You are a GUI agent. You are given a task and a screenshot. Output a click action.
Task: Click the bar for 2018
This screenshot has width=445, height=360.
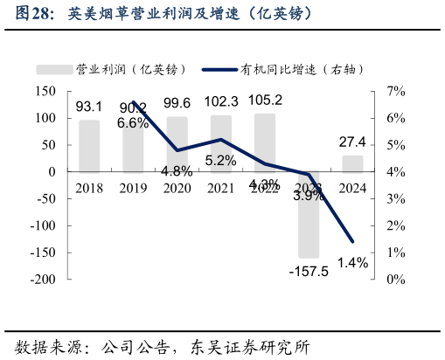(89, 145)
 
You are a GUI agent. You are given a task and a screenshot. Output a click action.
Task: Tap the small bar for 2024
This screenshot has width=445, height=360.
(352, 163)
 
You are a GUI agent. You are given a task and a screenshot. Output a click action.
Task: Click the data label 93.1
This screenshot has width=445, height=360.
(89, 107)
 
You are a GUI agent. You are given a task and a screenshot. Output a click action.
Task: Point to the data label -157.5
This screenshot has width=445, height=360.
(308, 271)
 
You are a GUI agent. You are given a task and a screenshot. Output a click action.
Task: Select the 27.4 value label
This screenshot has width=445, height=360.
(352, 142)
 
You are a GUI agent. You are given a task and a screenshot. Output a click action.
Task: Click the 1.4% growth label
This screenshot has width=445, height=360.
(352, 261)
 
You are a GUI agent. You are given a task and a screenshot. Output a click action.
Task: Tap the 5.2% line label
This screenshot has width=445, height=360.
(220, 160)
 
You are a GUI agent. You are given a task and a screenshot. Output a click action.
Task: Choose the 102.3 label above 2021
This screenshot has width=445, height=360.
(220, 101)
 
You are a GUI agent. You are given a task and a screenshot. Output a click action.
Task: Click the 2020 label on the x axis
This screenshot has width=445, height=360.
(177, 188)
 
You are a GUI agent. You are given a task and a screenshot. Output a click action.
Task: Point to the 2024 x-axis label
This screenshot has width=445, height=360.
(352, 188)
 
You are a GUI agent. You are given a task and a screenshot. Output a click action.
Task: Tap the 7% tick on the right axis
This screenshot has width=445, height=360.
(395, 91)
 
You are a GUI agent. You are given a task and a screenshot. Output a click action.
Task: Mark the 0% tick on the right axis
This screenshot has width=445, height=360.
(395, 280)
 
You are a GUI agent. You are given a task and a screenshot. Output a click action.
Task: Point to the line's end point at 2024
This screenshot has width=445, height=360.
(352, 241)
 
